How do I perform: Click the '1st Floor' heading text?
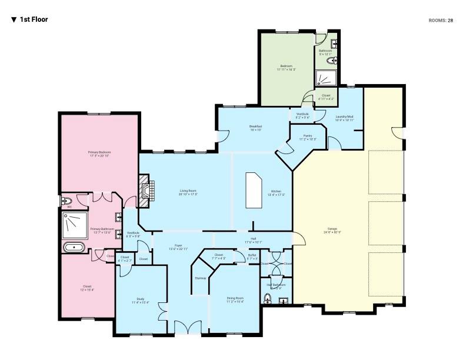[34, 19]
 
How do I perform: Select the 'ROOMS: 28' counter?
[441, 20]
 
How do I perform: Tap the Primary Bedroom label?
[99, 154]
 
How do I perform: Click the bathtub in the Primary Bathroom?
[74, 246]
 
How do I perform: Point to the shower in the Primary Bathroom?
[75, 224]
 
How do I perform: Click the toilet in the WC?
[68, 201]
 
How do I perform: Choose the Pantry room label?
[308, 137]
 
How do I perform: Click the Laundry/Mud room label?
[344, 118]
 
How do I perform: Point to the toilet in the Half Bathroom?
[267, 299]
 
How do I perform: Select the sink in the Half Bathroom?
[283, 301]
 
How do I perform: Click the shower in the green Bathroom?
[325, 78]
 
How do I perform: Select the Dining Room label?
[235, 299]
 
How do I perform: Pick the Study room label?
[141, 300]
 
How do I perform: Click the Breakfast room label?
[255, 127]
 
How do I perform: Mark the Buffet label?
[252, 257]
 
